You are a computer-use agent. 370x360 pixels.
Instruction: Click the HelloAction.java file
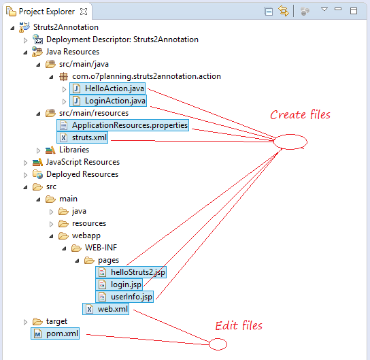(x=107, y=88)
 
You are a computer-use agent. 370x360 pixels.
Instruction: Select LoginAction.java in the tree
(x=108, y=101)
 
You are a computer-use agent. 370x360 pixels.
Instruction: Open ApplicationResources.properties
(x=122, y=125)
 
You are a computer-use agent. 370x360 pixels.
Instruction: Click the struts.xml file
(x=82, y=137)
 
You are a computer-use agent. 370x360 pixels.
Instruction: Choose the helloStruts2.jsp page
(x=131, y=272)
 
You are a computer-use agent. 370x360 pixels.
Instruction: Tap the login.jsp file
(x=119, y=284)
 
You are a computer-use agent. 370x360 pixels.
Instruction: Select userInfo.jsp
(x=124, y=297)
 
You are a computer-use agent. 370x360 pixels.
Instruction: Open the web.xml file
(x=105, y=309)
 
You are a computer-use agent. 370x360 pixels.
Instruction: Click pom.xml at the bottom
(x=55, y=333)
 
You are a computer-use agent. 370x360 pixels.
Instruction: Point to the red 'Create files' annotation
(x=300, y=115)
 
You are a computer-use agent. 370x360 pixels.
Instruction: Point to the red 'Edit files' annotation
(x=239, y=326)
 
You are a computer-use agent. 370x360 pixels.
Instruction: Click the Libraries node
(x=74, y=150)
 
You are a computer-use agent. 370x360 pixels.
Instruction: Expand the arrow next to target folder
(x=25, y=322)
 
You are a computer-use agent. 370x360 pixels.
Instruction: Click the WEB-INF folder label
(x=101, y=248)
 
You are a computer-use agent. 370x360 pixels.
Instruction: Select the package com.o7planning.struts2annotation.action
(x=146, y=76)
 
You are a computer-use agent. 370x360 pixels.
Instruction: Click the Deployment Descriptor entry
(x=122, y=39)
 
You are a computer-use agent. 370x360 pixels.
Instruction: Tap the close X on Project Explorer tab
(x=84, y=12)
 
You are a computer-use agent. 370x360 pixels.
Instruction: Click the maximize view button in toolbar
(x=354, y=11)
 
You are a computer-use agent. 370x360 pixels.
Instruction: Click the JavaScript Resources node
(x=83, y=162)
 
